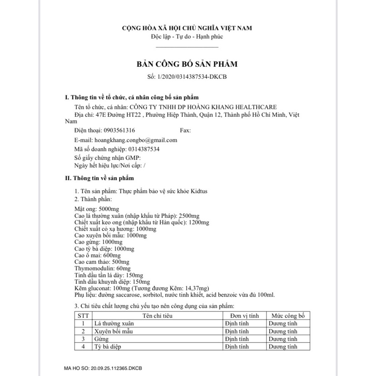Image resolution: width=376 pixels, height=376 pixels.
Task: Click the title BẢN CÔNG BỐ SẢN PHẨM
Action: click(x=187, y=64)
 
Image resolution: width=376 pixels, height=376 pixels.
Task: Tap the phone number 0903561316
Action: click(x=119, y=130)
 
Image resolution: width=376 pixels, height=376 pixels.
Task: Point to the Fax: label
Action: click(x=186, y=130)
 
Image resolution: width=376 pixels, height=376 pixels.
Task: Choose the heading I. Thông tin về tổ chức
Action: click(x=132, y=97)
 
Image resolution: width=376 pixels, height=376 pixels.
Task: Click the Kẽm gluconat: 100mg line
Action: click(x=141, y=288)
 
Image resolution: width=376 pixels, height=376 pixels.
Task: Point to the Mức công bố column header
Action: click(x=288, y=316)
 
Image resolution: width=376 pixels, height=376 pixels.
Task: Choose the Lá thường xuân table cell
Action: click(x=115, y=324)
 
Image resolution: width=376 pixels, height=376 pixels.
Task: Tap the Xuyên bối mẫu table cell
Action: click(x=115, y=331)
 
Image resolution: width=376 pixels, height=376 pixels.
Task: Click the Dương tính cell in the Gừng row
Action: click(x=282, y=339)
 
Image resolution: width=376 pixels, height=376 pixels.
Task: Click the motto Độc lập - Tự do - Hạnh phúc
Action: click(x=187, y=36)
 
